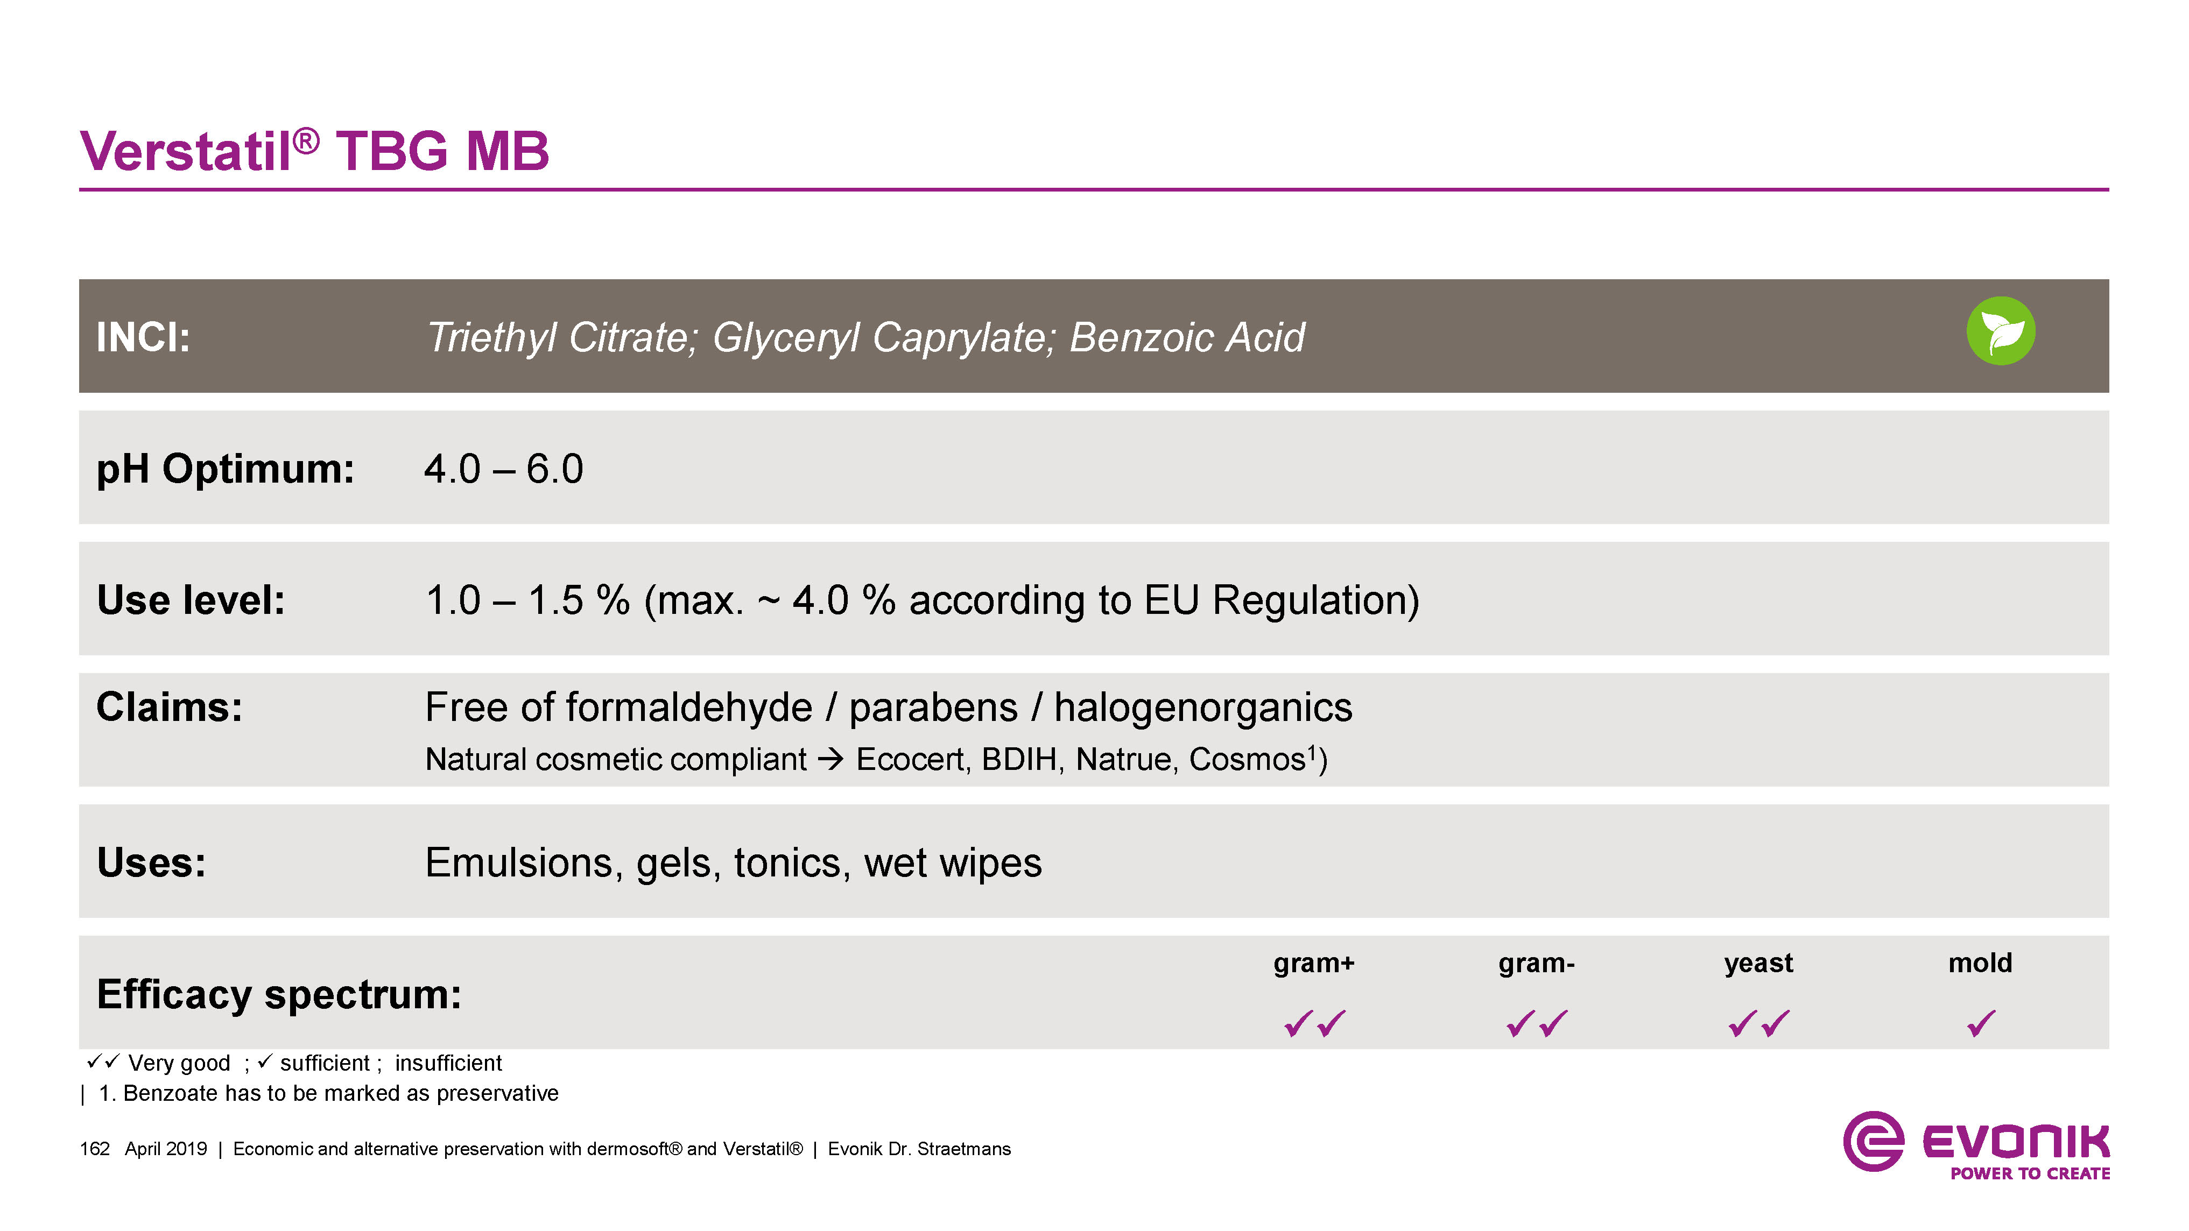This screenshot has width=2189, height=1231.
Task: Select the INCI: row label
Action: [x=143, y=336]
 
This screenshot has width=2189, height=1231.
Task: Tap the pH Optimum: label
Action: [x=225, y=469]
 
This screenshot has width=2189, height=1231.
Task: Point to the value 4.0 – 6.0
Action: [x=504, y=469]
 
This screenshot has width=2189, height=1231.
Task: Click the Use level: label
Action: [x=191, y=600]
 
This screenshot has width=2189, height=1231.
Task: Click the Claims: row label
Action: [x=169, y=707]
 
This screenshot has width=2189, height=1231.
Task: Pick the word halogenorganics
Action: [x=1203, y=708]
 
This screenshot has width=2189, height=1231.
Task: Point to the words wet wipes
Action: [x=953, y=862]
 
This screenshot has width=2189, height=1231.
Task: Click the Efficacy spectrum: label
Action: [x=279, y=994]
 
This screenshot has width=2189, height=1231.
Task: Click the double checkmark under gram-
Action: [x=1536, y=1023]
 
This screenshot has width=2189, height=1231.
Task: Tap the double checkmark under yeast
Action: [x=1759, y=1023]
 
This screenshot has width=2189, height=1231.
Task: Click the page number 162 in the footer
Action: [x=94, y=1149]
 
